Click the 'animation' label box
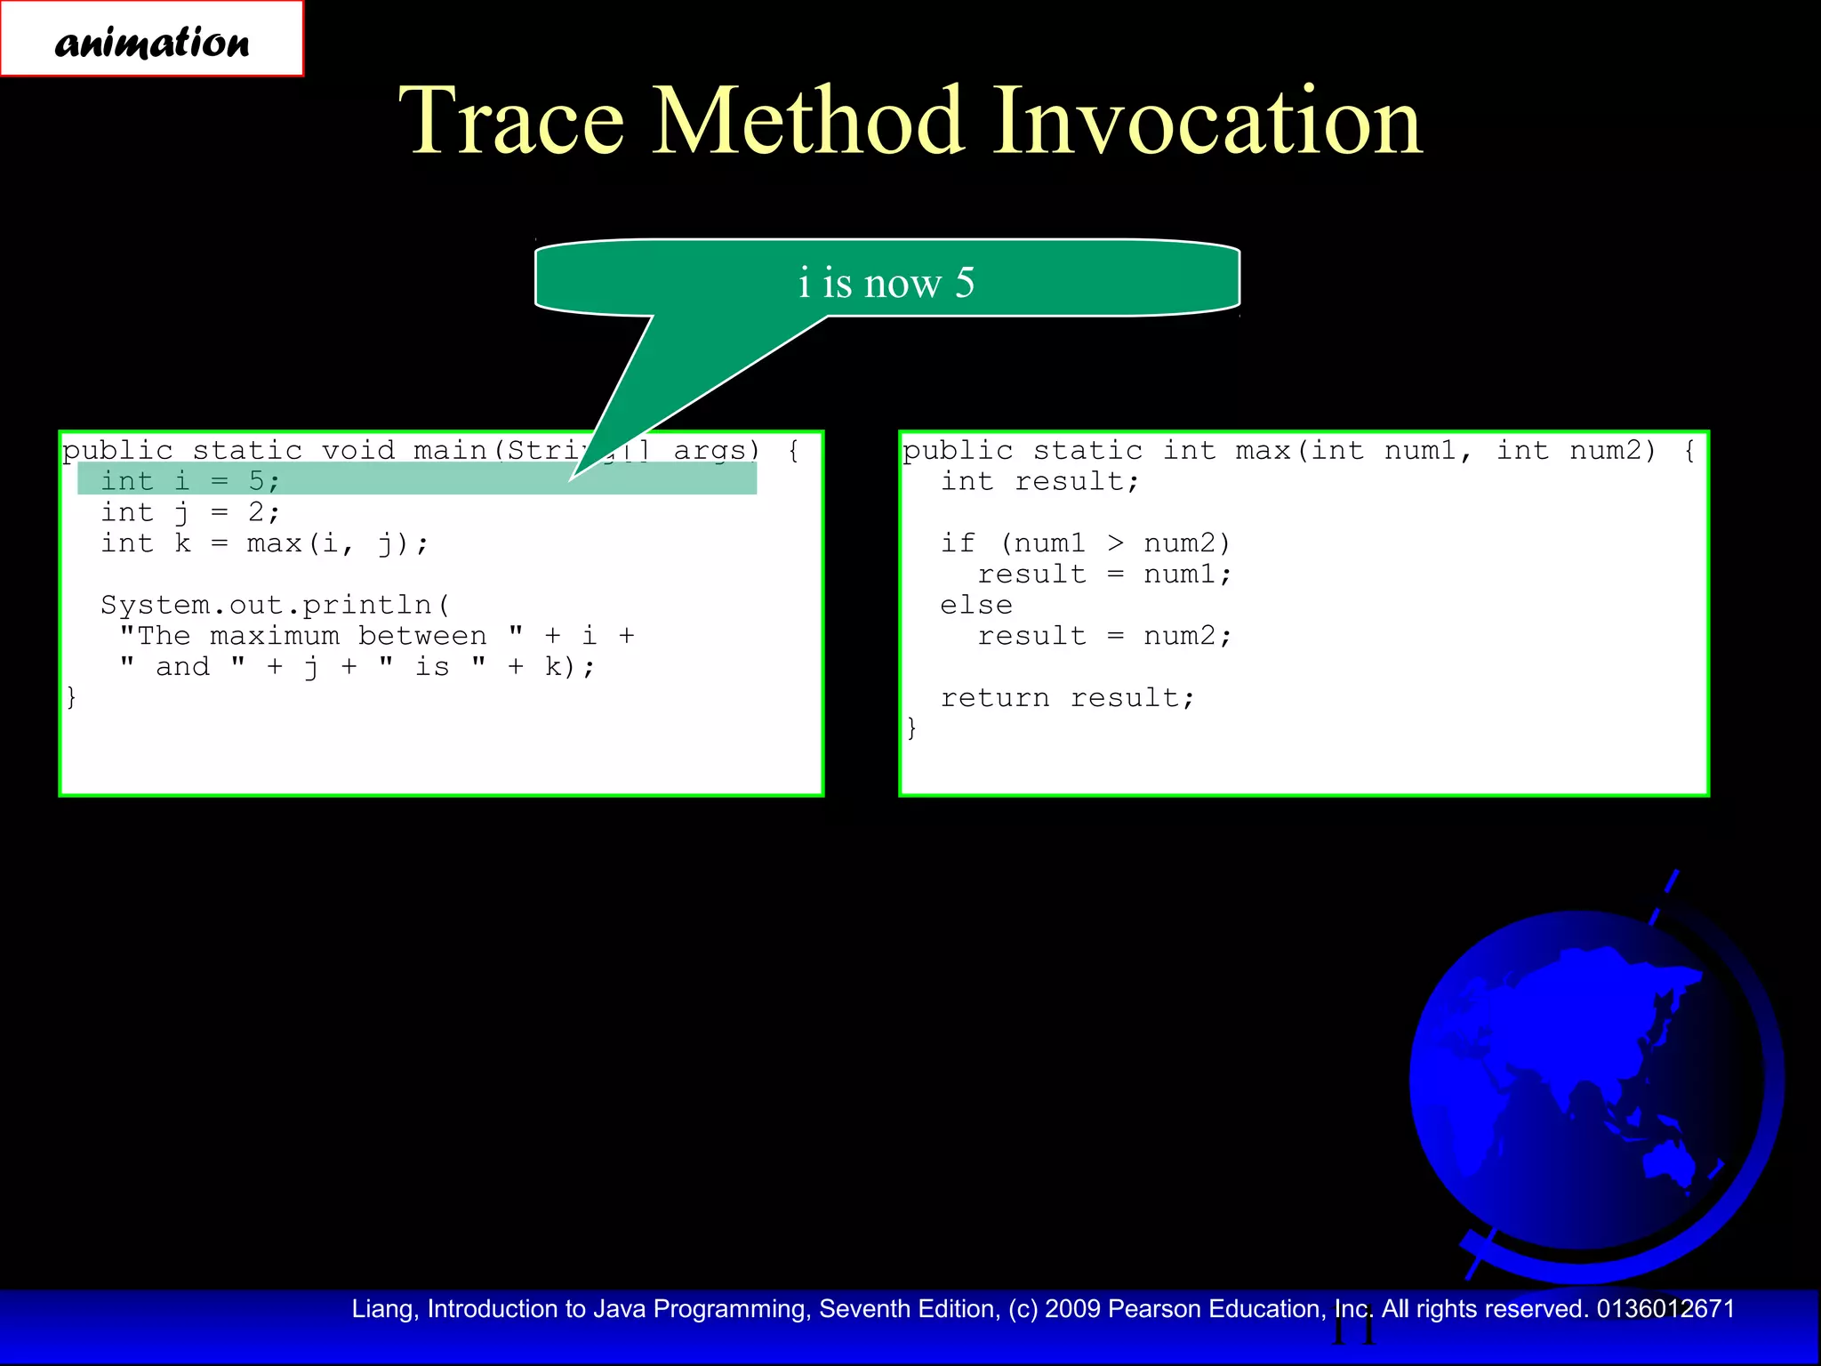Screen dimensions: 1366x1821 [x=151, y=40]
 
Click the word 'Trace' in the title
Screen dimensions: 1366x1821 [x=511, y=121]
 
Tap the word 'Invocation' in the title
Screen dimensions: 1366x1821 [x=1207, y=121]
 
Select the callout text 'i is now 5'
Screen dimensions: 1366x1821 [x=886, y=283]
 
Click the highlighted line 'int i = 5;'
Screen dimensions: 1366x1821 [x=190, y=481]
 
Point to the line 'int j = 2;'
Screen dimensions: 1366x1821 [x=190, y=512]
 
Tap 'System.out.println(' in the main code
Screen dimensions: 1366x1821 [x=276, y=605]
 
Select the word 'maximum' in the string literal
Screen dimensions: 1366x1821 [x=275, y=636]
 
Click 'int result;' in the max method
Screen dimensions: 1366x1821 [x=1039, y=481]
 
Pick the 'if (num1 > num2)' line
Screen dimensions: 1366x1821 [x=1085, y=543]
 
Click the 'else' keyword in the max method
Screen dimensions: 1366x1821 [x=976, y=605]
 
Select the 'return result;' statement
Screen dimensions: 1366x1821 [x=1067, y=698]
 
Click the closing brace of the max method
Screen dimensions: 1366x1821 [x=911, y=728]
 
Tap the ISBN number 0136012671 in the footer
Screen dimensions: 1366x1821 [x=1665, y=1309]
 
